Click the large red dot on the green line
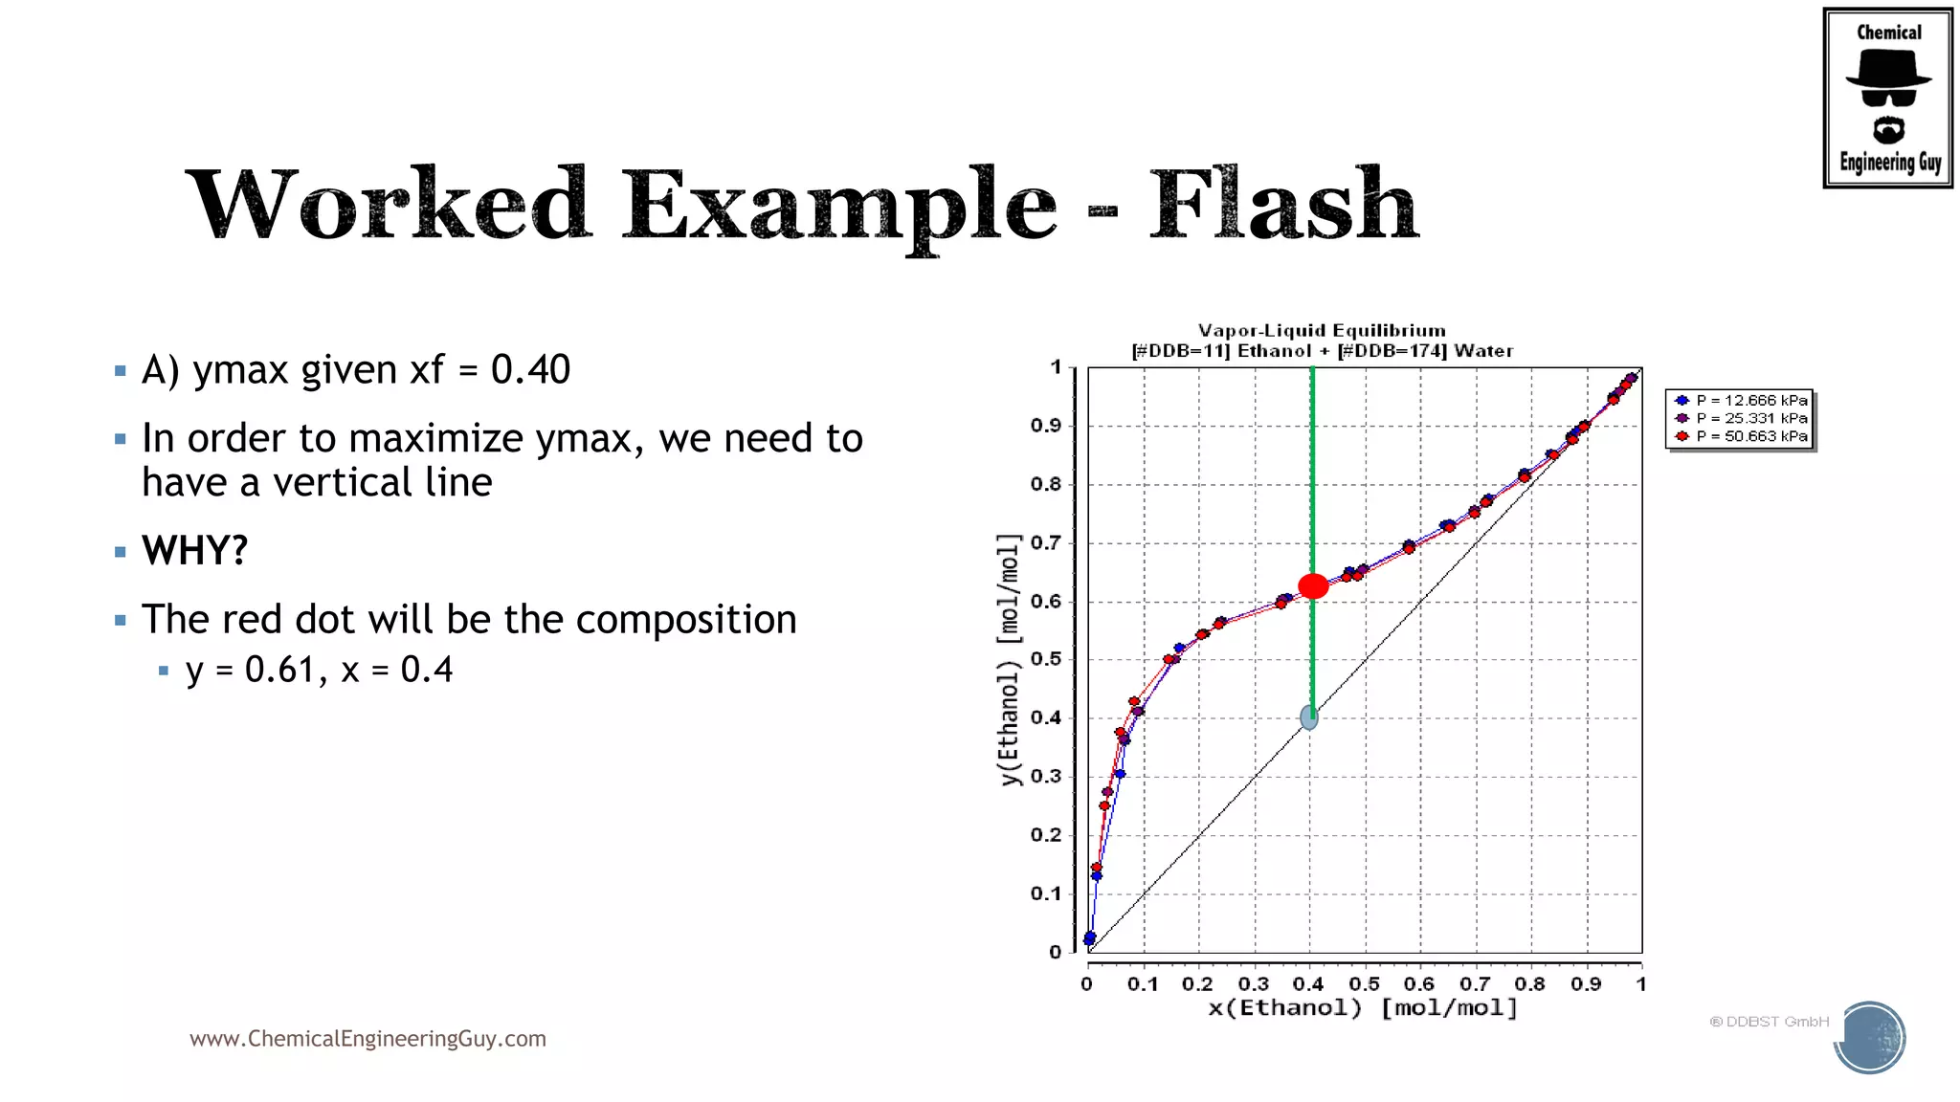[1313, 586]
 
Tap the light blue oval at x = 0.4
[1309, 716]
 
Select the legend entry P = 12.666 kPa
[1750, 401]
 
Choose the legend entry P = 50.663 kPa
[1750, 436]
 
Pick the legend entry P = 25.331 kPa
[1750, 418]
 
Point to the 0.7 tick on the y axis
[1046, 543]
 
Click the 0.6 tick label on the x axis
[1418, 984]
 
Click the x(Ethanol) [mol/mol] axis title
[1363, 1008]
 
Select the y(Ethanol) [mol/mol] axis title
[1009, 660]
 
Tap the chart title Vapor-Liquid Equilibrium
[1322, 331]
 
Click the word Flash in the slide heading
[1283, 205]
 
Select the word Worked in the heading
[389, 205]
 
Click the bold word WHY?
[195, 551]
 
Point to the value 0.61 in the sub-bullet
[279, 670]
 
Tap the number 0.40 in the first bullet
[530, 370]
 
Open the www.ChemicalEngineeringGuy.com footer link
[367, 1039]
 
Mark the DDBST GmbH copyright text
[1769, 1022]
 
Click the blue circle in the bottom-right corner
[1870, 1038]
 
